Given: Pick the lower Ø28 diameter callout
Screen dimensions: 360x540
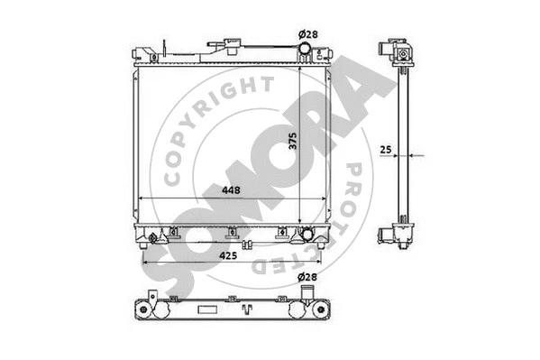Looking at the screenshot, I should (307, 277).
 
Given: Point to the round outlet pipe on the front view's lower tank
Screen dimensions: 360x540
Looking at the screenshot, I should (309, 235).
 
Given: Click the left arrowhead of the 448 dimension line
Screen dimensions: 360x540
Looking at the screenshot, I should (136, 199).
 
